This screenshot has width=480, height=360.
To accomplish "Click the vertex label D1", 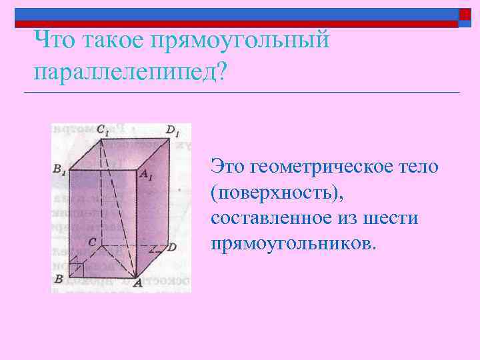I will (x=173, y=131).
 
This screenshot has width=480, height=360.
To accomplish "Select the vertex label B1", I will (x=59, y=170).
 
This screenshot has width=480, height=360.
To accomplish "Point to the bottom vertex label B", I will (x=59, y=279).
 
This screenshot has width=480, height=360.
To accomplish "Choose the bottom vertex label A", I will (x=137, y=283).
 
